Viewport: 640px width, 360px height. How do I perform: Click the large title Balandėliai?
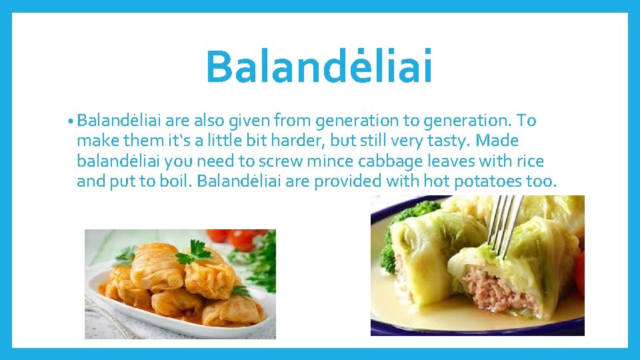click(x=319, y=66)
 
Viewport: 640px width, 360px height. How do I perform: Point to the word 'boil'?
click(x=176, y=181)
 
